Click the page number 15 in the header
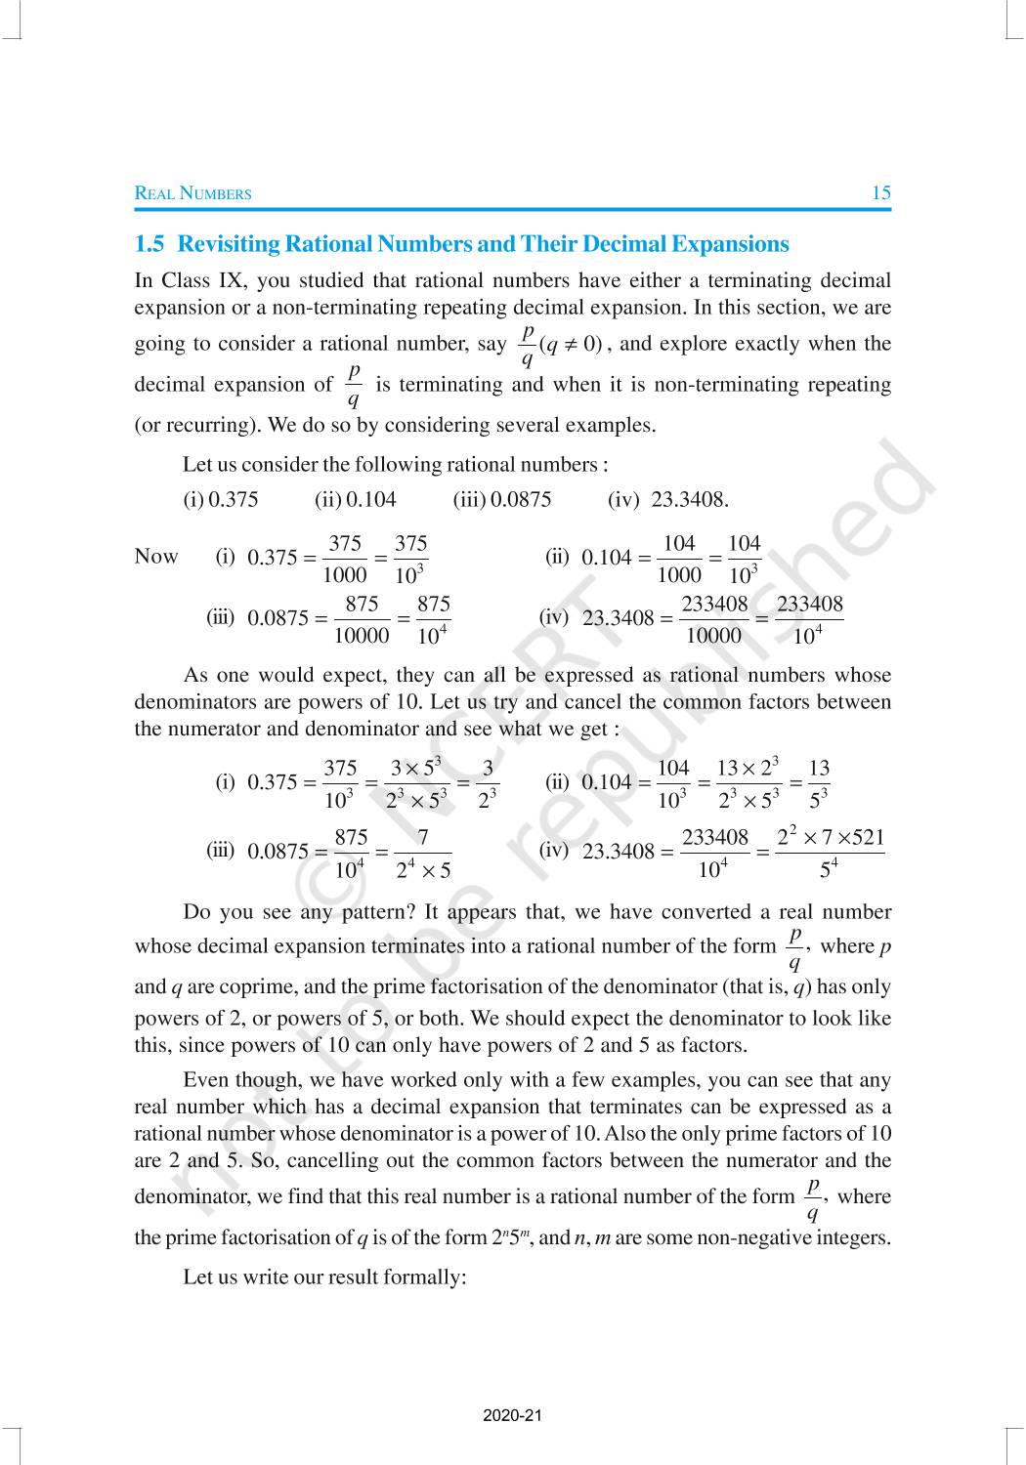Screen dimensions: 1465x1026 (x=880, y=192)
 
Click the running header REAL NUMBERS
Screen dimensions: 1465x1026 (x=192, y=193)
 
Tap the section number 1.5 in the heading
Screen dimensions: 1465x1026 (x=150, y=244)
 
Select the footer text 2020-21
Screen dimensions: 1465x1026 (x=512, y=1415)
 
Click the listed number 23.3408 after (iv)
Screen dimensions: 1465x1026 (x=689, y=500)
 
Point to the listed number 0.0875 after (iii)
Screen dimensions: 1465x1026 (x=521, y=500)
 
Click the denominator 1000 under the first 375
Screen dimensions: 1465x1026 (x=345, y=575)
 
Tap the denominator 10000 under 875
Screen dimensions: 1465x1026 (x=362, y=636)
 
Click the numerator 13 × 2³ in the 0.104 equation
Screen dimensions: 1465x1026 (x=748, y=768)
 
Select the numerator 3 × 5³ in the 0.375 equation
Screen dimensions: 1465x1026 (x=415, y=768)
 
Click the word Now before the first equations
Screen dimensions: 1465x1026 (x=156, y=557)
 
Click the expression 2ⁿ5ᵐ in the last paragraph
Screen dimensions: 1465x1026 (x=511, y=1237)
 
